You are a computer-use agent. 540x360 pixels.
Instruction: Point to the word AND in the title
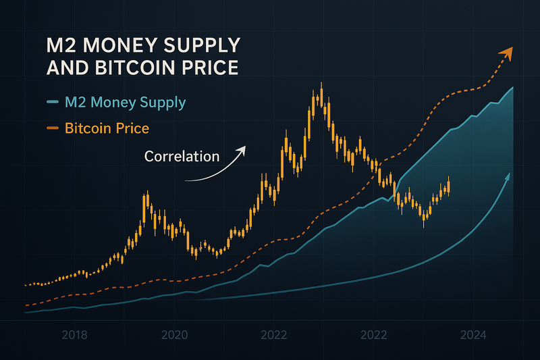[x=67, y=69]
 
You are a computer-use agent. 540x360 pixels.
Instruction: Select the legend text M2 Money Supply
[x=125, y=103]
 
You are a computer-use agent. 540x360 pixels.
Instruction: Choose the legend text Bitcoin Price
[x=107, y=128]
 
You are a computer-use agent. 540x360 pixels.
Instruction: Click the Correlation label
[x=182, y=156]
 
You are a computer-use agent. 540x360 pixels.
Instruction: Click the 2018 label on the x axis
[x=75, y=334]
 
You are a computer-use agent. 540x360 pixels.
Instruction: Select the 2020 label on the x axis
[x=175, y=334]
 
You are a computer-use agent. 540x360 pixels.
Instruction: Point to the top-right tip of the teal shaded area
[x=514, y=88]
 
